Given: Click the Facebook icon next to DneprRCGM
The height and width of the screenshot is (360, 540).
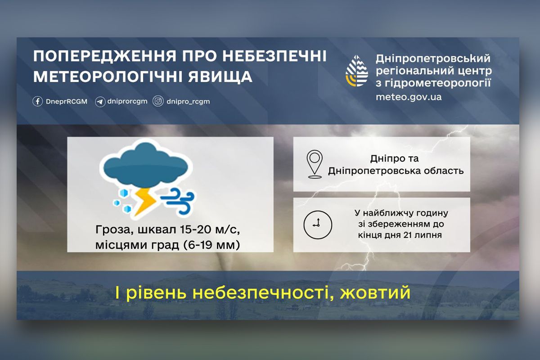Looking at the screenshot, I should pyautogui.click(x=38, y=101).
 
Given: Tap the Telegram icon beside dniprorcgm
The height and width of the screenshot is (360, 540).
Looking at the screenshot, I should pyautogui.click(x=100, y=102).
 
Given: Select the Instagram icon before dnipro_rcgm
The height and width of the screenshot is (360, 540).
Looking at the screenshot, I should pyautogui.click(x=158, y=101).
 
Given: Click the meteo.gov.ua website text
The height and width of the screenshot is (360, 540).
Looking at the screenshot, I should pyautogui.click(x=409, y=97).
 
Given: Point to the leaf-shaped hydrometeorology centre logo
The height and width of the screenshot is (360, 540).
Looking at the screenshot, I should pyautogui.click(x=356, y=71).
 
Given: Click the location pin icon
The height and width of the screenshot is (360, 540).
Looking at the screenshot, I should pyautogui.click(x=315, y=163).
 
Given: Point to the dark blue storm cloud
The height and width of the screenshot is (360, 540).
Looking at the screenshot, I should pyautogui.click(x=145, y=164).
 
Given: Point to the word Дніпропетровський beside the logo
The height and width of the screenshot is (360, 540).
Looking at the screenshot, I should pyautogui.click(x=432, y=59).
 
